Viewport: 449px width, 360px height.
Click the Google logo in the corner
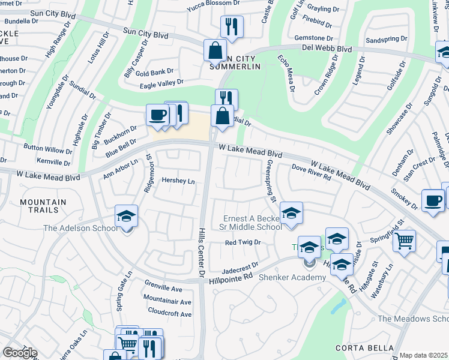pos(20,353)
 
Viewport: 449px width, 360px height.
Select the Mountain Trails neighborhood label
pos(47,206)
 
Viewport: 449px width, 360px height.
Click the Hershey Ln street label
pos(178,181)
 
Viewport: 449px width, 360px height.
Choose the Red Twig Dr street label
pos(243,242)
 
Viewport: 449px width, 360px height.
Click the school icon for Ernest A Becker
pos(291,213)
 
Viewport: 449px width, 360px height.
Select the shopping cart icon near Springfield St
pos(405,241)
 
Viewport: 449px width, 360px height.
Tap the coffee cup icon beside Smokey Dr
pos(433,200)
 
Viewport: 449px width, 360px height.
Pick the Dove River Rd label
pos(311,173)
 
